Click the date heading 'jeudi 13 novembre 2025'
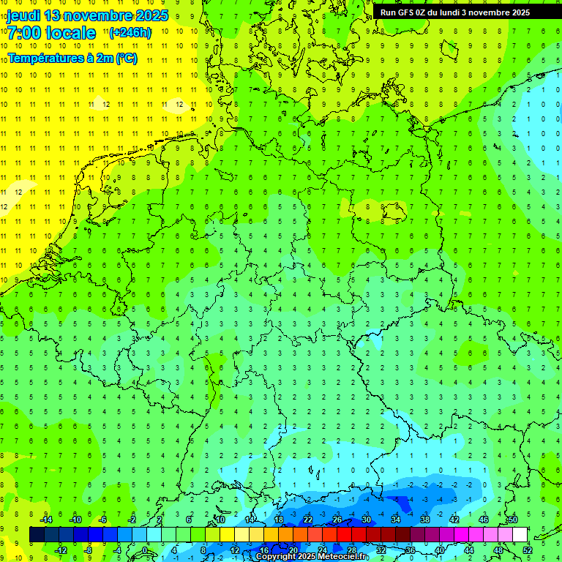point(87,15)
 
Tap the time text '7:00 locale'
point(51,33)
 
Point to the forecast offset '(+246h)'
point(130,33)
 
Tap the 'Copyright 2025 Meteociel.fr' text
point(312,557)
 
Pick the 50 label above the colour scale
point(512,520)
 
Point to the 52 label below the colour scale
point(527,550)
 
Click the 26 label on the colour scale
point(337,520)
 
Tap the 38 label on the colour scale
point(424,520)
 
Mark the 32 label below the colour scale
point(381,550)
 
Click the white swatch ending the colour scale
point(520,535)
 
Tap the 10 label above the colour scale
point(220,520)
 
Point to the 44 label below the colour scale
point(468,550)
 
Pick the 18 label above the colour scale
point(278,520)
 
